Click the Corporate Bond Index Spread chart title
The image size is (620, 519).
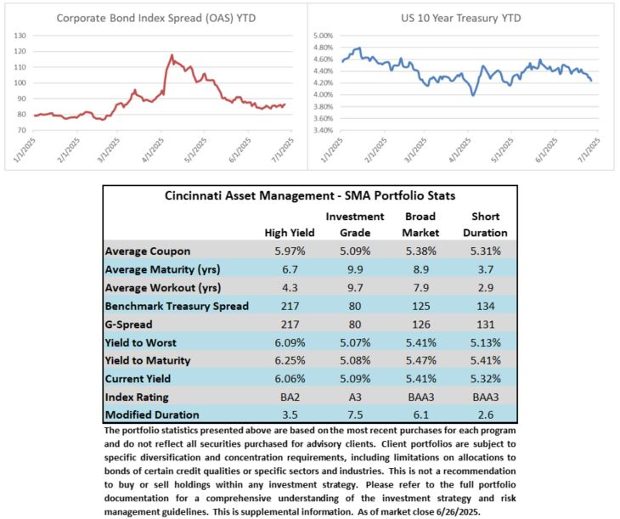coord(155,18)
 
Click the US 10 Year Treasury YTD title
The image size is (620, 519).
coord(460,18)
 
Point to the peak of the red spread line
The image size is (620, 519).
coord(172,55)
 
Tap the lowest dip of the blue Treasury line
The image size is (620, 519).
coord(473,95)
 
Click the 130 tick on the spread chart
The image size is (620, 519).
coord(20,36)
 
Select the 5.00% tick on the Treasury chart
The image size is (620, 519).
coord(323,36)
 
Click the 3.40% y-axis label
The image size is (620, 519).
coord(323,130)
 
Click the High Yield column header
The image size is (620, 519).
coord(290,233)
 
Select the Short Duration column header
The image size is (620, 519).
coord(485,224)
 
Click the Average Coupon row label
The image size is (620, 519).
coord(148,251)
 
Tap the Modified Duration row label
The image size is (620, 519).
coord(152,415)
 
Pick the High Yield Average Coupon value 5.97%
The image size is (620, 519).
coord(290,251)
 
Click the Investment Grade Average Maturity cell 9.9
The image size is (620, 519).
coord(355,269)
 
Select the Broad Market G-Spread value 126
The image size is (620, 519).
coord(420,324)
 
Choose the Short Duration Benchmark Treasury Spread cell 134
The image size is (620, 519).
coord(486,306)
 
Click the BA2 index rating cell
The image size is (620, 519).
coord(290,397)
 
